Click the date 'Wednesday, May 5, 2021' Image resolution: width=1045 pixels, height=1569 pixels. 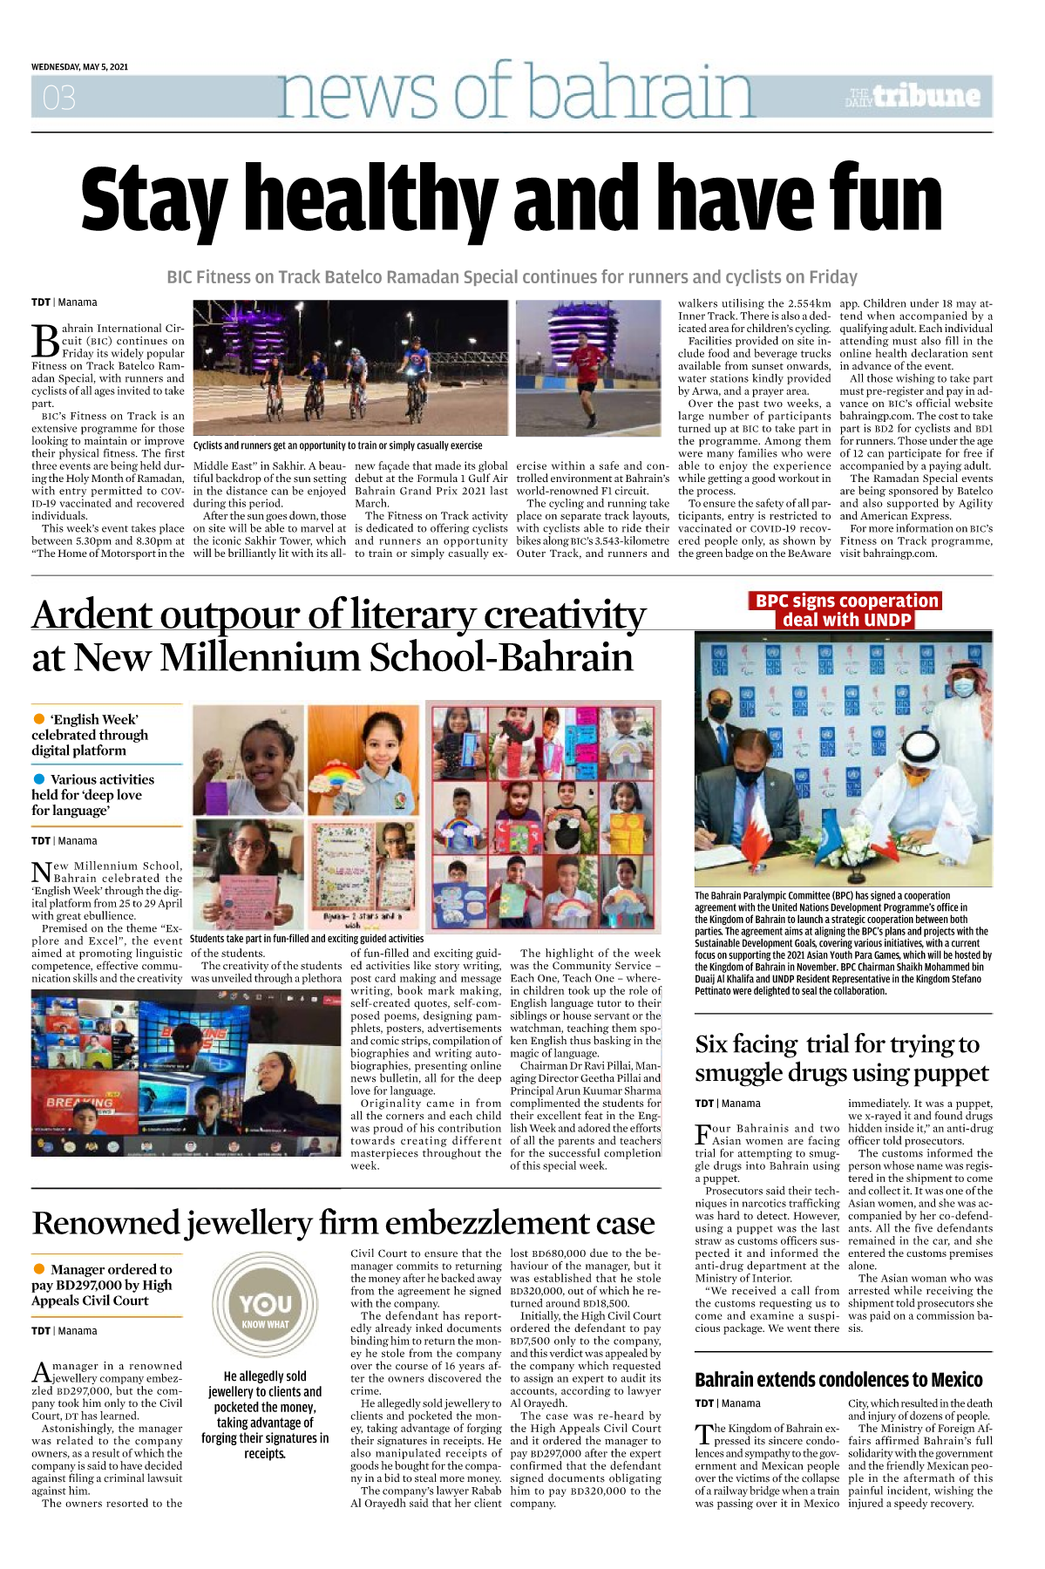point(79,67)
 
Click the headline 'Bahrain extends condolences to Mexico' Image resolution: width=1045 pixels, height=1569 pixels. point(838,1380)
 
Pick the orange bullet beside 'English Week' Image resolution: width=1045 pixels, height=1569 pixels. point(39,719)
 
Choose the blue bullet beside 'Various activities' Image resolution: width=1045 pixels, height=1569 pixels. point(39,779)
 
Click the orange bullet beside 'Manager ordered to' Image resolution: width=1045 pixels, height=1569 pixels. point(39,1269)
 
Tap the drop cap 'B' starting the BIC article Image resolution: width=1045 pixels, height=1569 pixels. point(45,341)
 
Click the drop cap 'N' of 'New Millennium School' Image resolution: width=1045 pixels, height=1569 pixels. point(41,873)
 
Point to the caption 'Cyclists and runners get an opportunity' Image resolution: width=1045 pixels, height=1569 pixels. point(337,445)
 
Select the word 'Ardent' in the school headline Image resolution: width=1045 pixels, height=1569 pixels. point(92,615)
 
